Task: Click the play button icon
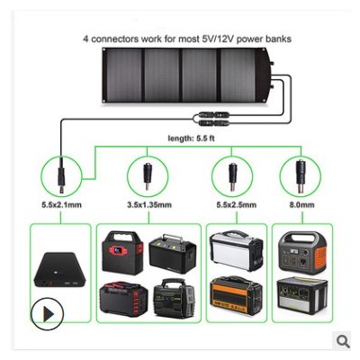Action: (x=48, y=314)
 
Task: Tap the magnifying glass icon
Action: (x=343, y=341)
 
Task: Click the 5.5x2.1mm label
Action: (x=61, y=205)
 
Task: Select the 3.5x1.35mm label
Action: (x=149, y=205)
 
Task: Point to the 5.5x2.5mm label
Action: (x=237, y=205)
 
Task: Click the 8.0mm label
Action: (x=301, y=205)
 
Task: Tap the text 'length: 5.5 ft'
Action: (x=191, y=139)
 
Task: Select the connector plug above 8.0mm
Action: (x=301, y=176)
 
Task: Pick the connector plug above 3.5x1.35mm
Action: (x=147, y=176)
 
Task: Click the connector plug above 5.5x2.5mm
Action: (x=232, y=176)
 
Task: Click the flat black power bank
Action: (x=59, y=270)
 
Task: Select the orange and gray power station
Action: (x=301, y=253)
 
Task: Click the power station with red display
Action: (x=122, y=253)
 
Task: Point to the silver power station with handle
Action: (x=236, y=251)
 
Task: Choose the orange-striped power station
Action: (x=236, y=295)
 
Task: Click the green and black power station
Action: (x=174, y=298)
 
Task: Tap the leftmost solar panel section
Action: (x=122, y=75)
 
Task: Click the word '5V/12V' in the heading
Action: (x=216, y=39)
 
